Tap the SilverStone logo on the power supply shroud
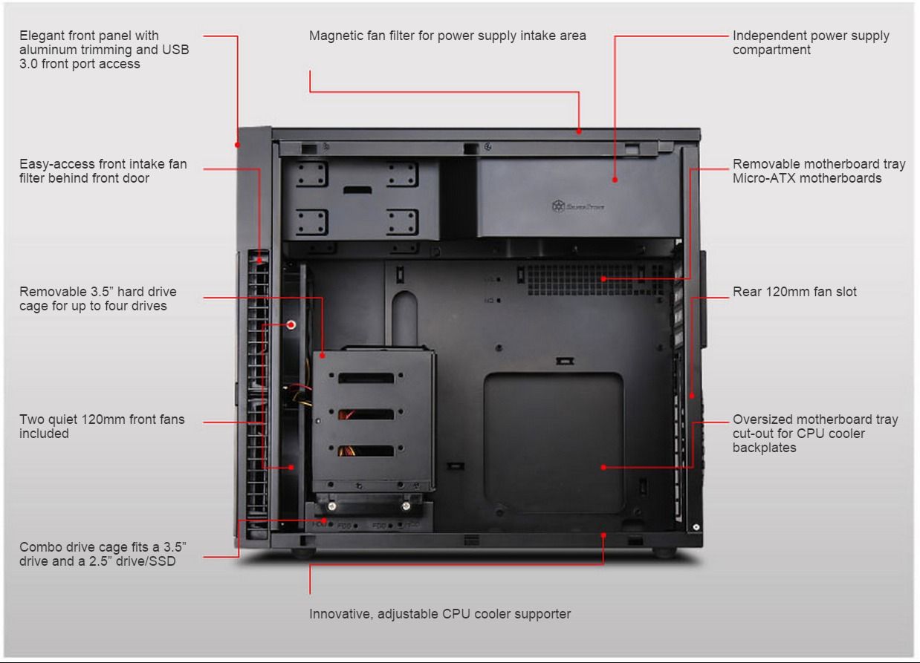pos(578,206)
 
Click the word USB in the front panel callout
pos(175,50)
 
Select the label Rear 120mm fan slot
pos(794,292)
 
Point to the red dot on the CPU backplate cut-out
pos(603,467)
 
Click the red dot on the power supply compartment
pos(615,180)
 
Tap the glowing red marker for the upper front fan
pos(291,325)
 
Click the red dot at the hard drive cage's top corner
pos(323,356)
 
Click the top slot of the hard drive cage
pos(366,378)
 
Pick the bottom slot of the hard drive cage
pos(366,451)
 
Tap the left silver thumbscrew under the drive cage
pos(332,506)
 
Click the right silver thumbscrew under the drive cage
pos(406,506)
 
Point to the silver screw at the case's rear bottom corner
pos(696,527)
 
